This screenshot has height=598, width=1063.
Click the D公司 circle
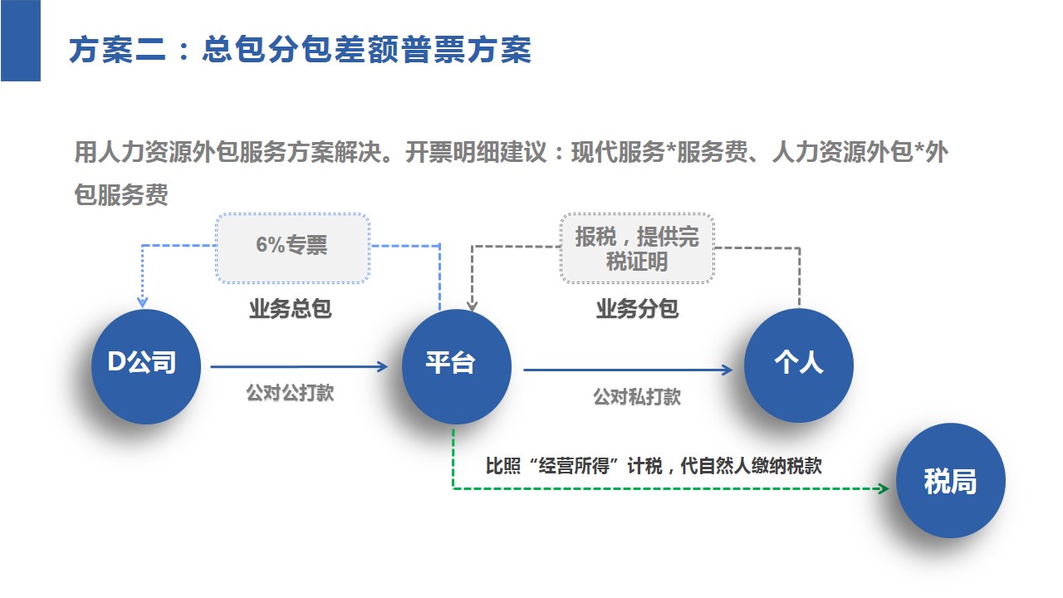tap(146, 366)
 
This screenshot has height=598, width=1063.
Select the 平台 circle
tap(457, 366)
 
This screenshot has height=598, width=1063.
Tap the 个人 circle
tap(799, 365)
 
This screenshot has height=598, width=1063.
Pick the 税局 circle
tap(951, 480)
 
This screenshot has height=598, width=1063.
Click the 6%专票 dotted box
tap(293, 248)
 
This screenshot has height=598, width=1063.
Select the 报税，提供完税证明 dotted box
tap(637, 248)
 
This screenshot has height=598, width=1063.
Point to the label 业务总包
tap(291, 308)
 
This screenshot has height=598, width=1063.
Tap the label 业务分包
tap(637, 308)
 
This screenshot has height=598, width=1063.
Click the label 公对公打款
tap(290, 393)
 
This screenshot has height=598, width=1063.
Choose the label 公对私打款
tap(637, 397)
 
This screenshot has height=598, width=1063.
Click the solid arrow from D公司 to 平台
tap(299, 366)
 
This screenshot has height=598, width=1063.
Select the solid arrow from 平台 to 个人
tap(628, 370)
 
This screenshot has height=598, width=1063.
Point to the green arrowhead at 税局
tap(884, 488)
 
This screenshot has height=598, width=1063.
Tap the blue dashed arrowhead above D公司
tap(142, 301)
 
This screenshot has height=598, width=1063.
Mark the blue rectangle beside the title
tap(21, 41)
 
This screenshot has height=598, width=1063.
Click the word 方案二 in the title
tap(118, 50)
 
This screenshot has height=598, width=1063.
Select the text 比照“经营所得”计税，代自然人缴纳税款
tap(654, 466)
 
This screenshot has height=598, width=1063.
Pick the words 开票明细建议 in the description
tap(476, 152)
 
